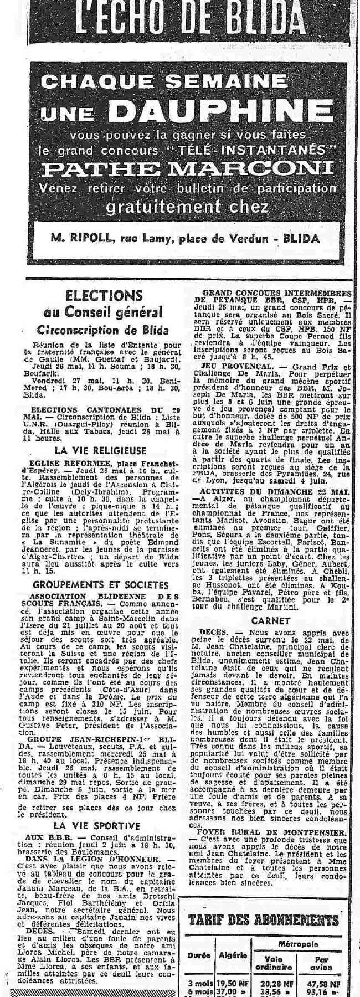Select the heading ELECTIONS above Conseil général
click(x=104, y=295)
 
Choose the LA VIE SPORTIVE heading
click(x=100, y=810)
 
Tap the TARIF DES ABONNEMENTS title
click(x=263, y=921)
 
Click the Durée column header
click(x=199, y=960)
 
